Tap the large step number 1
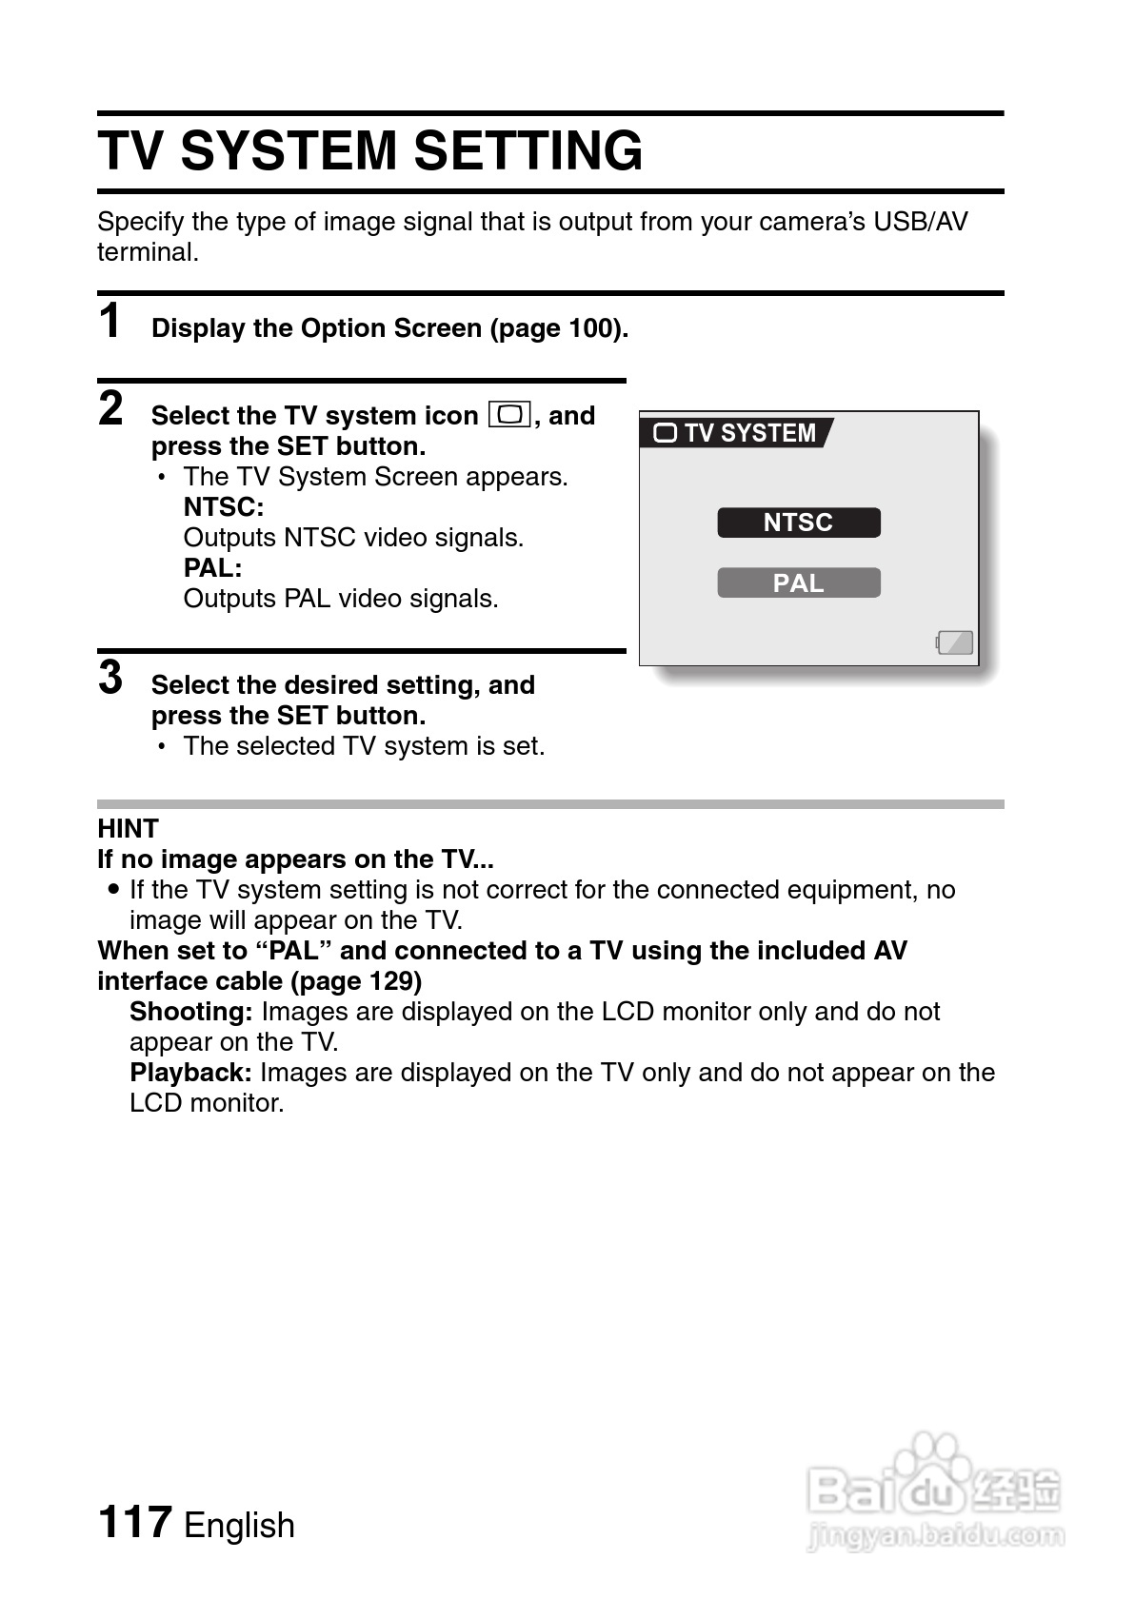click(x=110, y=320)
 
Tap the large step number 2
click(x=111, y=408)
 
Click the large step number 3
click(x=111, y=678)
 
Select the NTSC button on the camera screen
click(x=798, y=523)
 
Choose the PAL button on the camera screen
click(x=798, y=582)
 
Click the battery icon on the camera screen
click(x=955, y=642)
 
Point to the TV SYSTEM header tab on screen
click(x=735, y=433)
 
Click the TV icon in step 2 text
click(x=509, y=415)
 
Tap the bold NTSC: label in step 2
click(x=224, y=506)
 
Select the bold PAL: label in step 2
click(x=212, y=567)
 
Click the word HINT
click(x=128, y=828)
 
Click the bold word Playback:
click(x=190, y=1072)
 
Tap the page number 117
click(x=134, y=1521)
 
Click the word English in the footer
click(x=239, y=1525)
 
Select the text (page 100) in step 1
click(x=559, y=328)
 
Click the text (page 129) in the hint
click(x=356, y=980)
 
